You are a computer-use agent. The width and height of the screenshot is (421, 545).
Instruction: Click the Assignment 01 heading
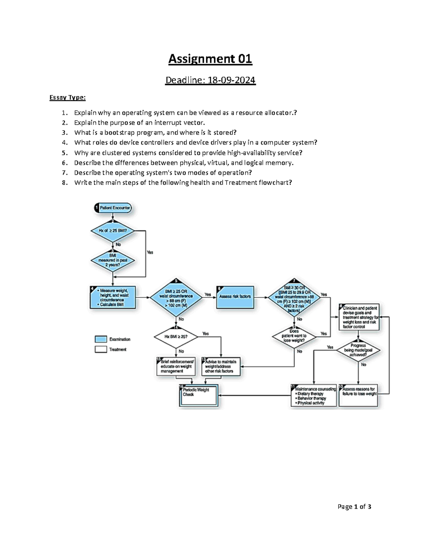pos(210,59)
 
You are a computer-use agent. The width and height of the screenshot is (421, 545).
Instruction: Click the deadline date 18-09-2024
pos(232,80)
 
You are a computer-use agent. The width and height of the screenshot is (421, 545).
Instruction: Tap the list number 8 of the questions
pos(64,182)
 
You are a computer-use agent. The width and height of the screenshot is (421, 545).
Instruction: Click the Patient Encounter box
pos(113,208)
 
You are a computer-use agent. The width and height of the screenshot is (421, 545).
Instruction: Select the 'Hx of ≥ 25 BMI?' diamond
pos(113,231)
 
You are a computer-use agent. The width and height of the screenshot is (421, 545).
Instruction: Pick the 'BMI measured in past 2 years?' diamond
pos(113,260)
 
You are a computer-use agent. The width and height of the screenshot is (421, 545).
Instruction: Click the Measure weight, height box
pos(113,298)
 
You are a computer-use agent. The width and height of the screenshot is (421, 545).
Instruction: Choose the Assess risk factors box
pos(235,297)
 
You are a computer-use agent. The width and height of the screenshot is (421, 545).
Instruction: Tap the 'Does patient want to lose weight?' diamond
pos(294,336)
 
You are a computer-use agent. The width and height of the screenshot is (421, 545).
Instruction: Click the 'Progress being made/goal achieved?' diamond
pos(358,350)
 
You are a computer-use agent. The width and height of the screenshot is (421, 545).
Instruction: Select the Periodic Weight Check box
pos(199,395)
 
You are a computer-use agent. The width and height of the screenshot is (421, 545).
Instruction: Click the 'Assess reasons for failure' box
pos(359,395)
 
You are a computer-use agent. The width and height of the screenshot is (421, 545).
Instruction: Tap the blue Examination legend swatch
pos(101,339)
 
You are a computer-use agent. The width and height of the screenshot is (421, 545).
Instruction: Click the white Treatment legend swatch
pos(101,350)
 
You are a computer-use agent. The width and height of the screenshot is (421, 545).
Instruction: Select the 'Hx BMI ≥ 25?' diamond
pos(176,337)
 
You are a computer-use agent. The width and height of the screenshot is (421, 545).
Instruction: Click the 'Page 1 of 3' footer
pos(354,506)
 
